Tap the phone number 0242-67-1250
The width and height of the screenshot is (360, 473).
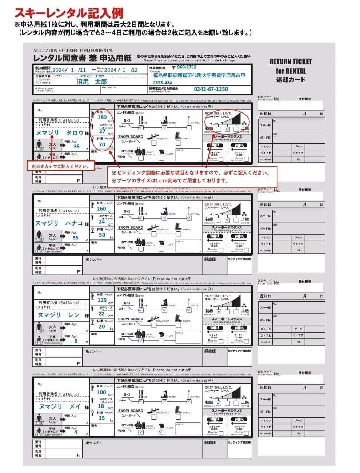point(211,89)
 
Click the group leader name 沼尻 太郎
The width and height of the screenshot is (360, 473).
point(92,82)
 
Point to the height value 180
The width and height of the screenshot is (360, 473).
point(102,117)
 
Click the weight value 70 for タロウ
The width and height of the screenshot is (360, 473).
point(102,144)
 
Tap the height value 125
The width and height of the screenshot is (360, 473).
point(102,300)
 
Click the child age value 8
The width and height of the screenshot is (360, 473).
point(76,341)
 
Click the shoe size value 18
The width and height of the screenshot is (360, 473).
point(101,406)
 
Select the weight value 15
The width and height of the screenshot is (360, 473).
point(102,418)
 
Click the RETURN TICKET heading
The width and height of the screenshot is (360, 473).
point(291,61)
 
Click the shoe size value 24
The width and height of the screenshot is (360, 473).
point(101,222)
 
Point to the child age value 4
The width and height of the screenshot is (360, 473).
point(76,432)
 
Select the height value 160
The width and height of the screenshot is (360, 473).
point(101,209)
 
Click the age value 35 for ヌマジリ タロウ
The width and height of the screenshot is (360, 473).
point(76,147)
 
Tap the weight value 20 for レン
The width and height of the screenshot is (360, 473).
point(102,326)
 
